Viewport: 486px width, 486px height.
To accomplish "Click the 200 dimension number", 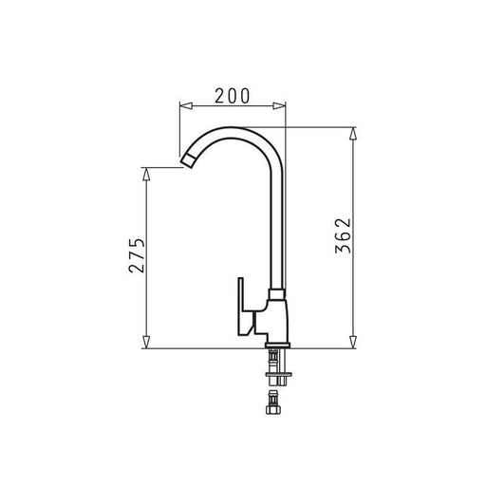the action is coord(233,96).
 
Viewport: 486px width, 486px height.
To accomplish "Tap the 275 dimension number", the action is coord(137,254).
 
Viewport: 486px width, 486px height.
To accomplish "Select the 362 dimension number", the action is coord(343,235).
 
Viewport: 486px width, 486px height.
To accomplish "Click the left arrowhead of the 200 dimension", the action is coord(186,105).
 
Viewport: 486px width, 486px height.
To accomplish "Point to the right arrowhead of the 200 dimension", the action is coord(279,105).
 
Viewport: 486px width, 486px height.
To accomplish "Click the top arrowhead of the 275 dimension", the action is coord(146,174).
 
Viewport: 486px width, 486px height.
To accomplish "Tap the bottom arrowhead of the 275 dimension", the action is coord(146,342).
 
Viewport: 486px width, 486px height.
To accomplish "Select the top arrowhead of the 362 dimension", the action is coord(353,134).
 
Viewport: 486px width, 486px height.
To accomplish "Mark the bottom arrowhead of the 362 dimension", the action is coord(353,342).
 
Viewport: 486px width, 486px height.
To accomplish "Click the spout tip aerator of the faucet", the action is coord(189,161).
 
